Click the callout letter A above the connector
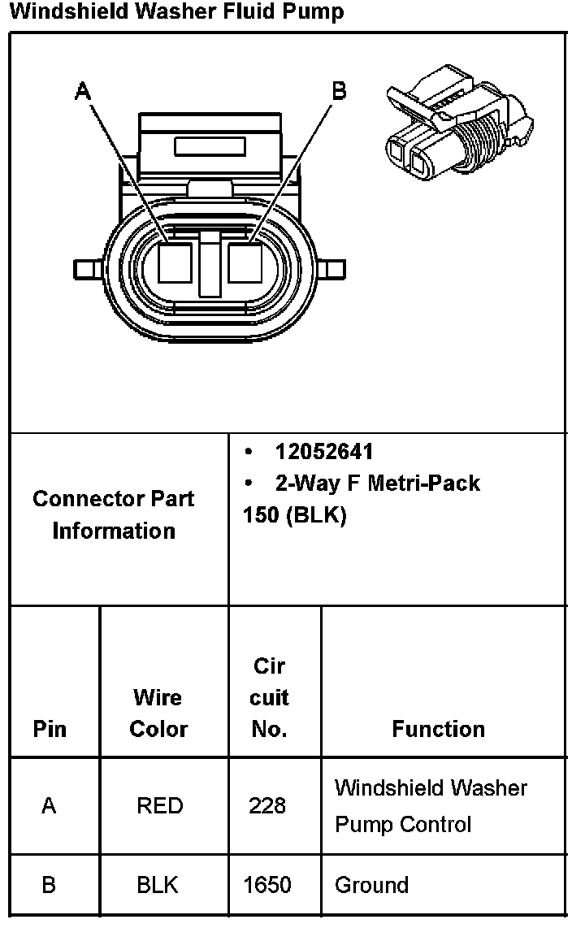[x=83, y=91]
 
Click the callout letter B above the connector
[x=340, y=91]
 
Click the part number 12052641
[x=324, y=452]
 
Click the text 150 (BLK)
[x=294, y=515]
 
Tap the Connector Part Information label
[x=114, y=514]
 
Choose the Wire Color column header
[x=158, y=713]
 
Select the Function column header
[x=438, y=729]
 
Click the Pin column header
[x=50, y=729]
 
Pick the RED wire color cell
[x=160, y=806]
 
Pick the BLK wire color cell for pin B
[x=158, y=885]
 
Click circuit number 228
[x=267, y=806]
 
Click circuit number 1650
[x=267, y=885]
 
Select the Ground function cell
[x=371, y=885]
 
